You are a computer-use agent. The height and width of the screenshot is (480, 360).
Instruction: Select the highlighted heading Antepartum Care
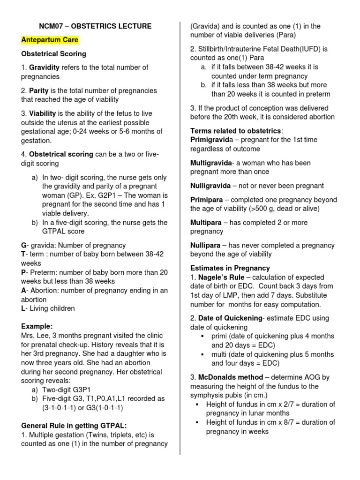pyautogui.click(x=50, y=40)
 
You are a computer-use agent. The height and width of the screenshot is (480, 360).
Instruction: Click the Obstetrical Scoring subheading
pyautogui.click(x=53, y=54)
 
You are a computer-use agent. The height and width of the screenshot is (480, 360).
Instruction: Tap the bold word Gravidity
pyautogui.click(x=44, y=67)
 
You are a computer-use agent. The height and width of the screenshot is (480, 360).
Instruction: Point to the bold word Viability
pyautogui.click(x=43, y=113)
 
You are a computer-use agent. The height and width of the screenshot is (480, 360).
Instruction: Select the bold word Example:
pyautogui.click(x=37, y=326)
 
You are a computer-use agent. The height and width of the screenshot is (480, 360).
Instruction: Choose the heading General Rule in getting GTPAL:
pyautogui.click(x=74, y=426)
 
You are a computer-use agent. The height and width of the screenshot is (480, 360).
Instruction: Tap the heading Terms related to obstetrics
pyautogui.click(x=235, y=130)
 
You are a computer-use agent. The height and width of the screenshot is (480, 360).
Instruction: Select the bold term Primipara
pyautogui.click(x=206, y=200)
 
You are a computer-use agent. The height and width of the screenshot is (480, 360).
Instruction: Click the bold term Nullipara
pyautogui.click(x=205, y=245)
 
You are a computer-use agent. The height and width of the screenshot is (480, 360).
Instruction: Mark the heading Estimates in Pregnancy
pyautogui.click(x=230, y=268)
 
